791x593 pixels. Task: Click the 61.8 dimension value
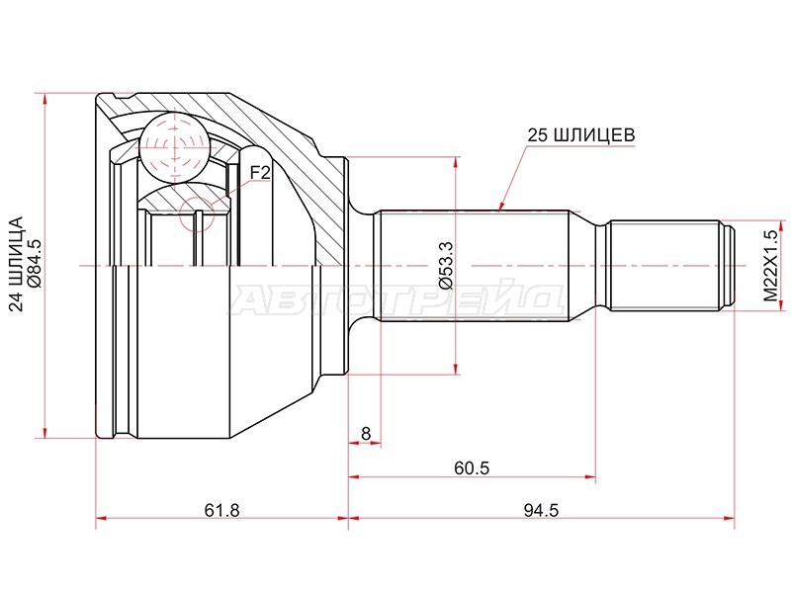tap(221, 511)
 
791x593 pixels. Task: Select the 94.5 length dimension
tap(541, 511)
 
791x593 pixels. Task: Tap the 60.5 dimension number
tap(472, 468)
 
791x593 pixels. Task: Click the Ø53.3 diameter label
tap(447, 265)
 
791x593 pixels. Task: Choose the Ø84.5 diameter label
tap(36, 264)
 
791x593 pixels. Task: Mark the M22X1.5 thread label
tap(770, 266)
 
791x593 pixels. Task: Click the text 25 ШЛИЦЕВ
tap(581, 135)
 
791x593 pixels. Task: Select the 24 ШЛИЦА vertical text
tap(16, 264)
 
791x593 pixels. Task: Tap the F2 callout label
tap(260, 173)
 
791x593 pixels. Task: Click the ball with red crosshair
tap(175, 147)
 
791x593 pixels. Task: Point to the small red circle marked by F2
tap(197, 214)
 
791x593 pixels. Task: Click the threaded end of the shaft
tap(665, 266)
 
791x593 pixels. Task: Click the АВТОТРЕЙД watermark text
tap(398, 301)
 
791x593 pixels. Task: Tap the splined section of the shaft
tap(475, 266)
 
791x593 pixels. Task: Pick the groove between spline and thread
tap(602, 266)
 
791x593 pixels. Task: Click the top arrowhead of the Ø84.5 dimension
tap(45, 100)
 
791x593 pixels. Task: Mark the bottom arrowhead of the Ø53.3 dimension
tap(456, 368)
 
